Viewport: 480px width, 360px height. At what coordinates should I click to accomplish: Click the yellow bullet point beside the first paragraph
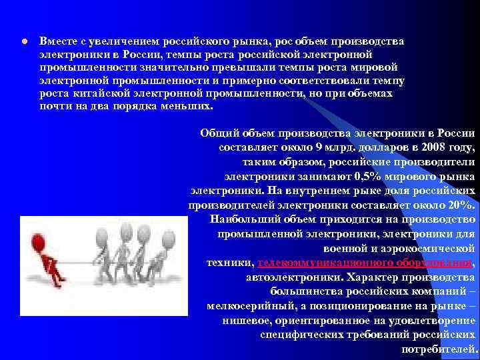(23, 41)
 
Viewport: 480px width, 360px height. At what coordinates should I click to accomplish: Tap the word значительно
(164, 67)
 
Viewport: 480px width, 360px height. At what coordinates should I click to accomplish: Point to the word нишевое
(248, 321)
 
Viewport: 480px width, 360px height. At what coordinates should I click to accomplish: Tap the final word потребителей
(440, 349)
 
